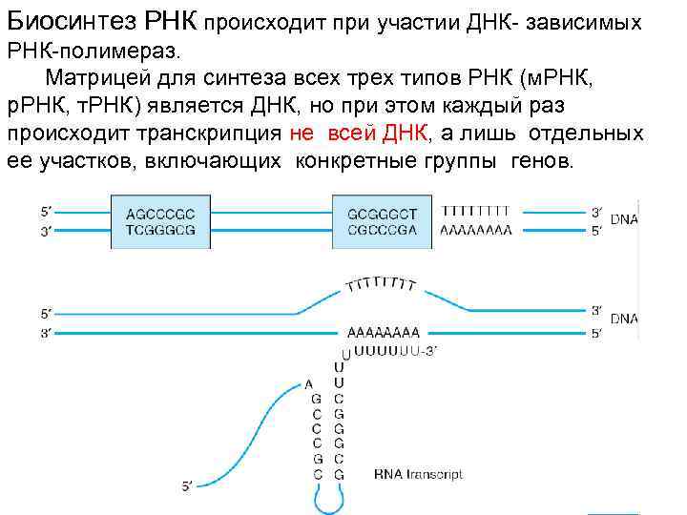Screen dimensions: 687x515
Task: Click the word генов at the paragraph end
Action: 545,159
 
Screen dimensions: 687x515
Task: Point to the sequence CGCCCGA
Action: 382,230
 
